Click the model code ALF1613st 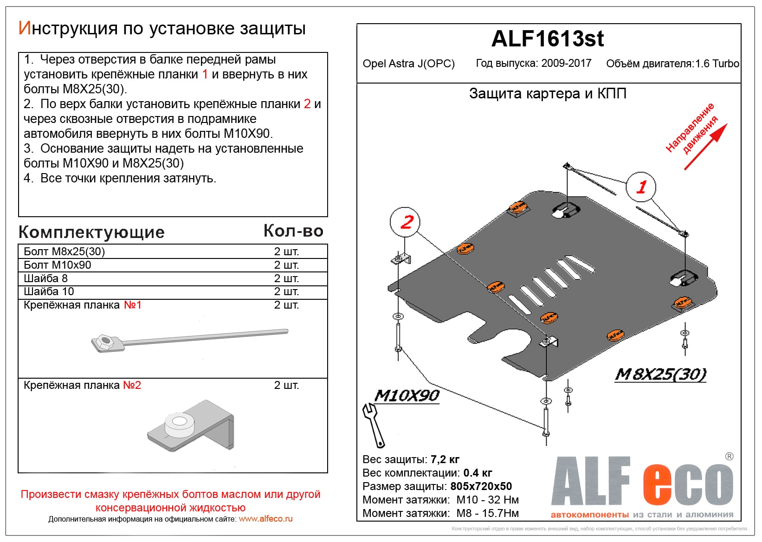click(548, 39)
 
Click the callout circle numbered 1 click(641, 187)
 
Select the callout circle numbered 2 click(405, 222)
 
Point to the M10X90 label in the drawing click(407, 396)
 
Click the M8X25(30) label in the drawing click(661, 374)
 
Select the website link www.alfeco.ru click(265, 519)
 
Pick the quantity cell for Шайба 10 click(286, 291)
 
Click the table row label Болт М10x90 click(58, 265)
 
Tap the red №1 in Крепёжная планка click(132, 305)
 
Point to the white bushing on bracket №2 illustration click(179, 424)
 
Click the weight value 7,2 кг click(445, 459)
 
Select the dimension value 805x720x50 click(481, 486)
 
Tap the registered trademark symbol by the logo click(729, 456)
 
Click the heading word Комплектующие click(91, 232)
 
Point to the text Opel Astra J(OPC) click(408, 64)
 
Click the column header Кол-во click(293, 231)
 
